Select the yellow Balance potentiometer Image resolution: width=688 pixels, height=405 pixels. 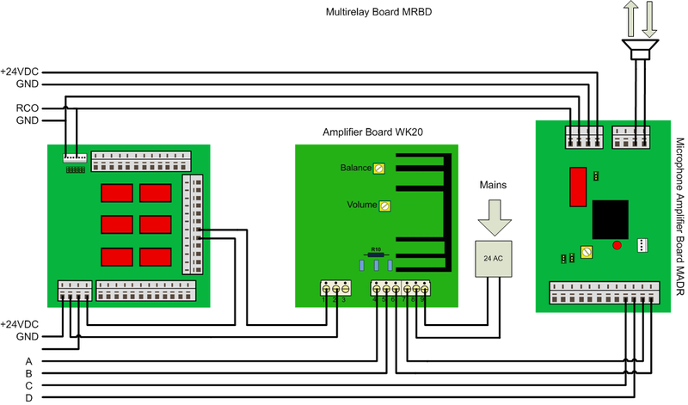tap(378, 169)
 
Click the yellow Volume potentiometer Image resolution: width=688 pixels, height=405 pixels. tap(385, 206)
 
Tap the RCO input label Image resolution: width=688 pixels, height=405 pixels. tap(26, 108)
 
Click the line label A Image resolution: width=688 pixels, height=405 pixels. tap(29, 361)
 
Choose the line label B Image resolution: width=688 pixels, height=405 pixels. tap(29, 374)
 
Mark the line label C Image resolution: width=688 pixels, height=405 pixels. tap(29, 386)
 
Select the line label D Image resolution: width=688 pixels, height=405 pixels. tap(29, 399)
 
